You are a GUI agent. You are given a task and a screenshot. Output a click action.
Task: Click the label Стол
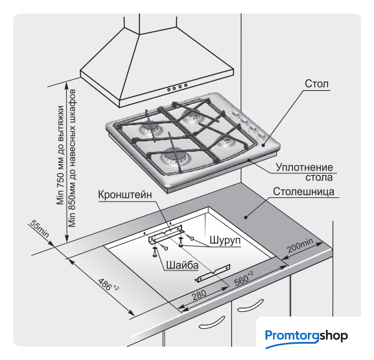pos(316,84)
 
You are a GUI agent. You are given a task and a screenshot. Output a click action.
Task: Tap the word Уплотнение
pos(304,167)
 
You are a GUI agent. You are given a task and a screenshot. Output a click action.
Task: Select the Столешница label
pos(303,191)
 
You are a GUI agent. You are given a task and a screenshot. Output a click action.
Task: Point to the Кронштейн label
pos(125,195)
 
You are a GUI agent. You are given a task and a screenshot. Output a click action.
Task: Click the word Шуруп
pos(225,240)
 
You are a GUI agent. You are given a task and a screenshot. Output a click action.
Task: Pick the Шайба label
pos(182,265)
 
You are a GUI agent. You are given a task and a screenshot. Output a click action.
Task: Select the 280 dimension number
pos(199,295)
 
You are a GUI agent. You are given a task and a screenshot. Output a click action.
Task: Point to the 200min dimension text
pos(300,245)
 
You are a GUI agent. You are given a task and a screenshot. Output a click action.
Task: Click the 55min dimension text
pos(40,229)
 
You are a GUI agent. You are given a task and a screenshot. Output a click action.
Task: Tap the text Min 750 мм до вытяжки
pos(60,155)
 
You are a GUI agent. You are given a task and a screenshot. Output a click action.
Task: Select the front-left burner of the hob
pos(174,159)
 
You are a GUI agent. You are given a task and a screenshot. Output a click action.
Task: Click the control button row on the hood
pos(177,87)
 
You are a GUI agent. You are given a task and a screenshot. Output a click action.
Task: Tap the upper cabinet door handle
pos(250,306)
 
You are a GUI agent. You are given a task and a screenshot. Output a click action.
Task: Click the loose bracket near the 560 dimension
pos(213,273)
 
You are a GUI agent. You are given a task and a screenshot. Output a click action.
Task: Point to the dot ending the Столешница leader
pos(246,217)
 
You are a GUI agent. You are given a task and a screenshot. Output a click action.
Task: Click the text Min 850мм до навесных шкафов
pos(72,158)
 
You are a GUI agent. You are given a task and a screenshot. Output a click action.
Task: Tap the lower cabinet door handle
pos(212,323)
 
